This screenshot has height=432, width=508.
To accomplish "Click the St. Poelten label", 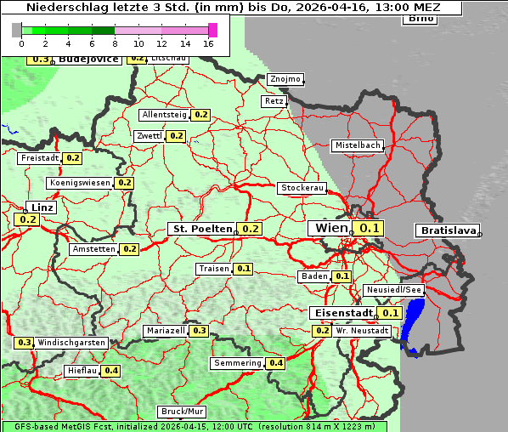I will pos(202,229).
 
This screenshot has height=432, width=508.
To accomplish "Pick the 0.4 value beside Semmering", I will pos(275,363).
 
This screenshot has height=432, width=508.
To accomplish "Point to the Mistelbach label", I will pos(357,145).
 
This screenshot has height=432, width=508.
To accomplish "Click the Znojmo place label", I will pos(285,79).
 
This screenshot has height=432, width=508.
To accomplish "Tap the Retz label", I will pos(274,101).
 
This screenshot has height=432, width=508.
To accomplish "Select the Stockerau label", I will pos(302,188).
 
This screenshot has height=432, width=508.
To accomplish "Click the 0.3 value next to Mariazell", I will pos(200,331).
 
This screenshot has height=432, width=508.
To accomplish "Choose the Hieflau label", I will pos(82,371).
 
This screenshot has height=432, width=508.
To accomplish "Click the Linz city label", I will pos(41,207).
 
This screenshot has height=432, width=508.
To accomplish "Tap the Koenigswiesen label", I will pos(80,183).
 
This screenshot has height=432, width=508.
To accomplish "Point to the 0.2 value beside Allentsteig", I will pos(201,114).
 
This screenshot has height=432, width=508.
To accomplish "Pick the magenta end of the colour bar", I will pos(212,30).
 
